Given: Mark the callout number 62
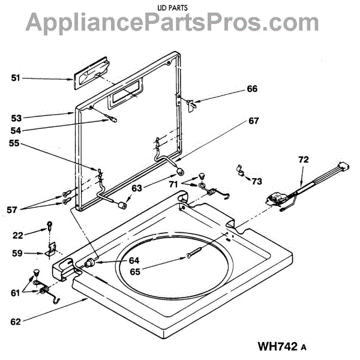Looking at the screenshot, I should pyautogui.click(x=16, y=322).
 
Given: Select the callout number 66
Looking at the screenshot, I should pyautogui.click(x=251, y=89).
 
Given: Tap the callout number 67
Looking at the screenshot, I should pyautogui.click(x=253, y=121).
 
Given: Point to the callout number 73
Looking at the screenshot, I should pyautogui.click(x=257, y=181).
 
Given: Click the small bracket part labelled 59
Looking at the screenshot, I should pyautogui.click(x=52, y=248).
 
